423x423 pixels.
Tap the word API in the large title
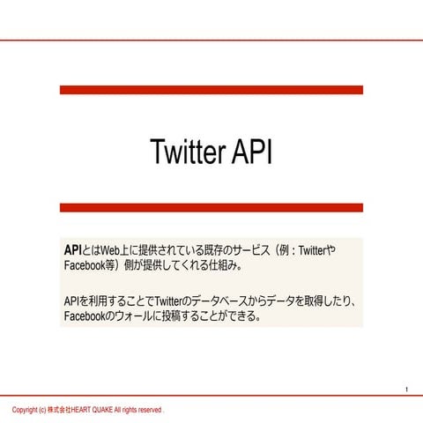pyautogui.click(x=251, y=152)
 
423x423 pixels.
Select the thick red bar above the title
pyautogui.click(x=211, y=90)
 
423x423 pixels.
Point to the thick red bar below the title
pyautogui.click(x=211, y=208)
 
